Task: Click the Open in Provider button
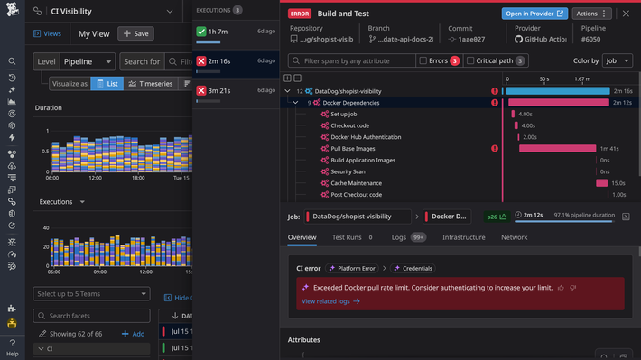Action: coord(560,14)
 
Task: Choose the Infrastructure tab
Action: coord(463,237)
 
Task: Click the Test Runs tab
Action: coord(347,237)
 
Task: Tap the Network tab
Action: coord(514,237)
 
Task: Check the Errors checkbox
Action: coord(424,60)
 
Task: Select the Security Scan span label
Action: coord(348,171)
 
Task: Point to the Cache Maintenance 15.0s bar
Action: coord(601,183)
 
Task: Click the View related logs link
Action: coord(330,301)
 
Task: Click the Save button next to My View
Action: coord(135,33)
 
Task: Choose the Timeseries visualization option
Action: coord(151,84)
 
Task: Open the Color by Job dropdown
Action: coord(618,60)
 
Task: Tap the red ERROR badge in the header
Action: coord(300,14)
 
